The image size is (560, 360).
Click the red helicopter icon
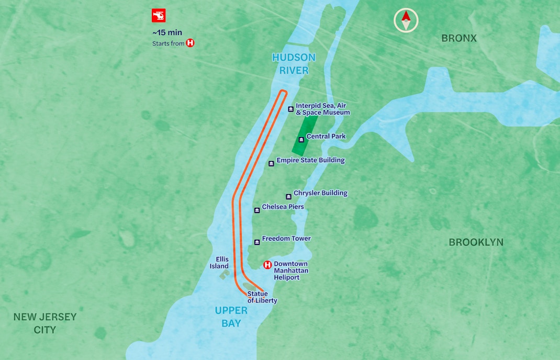[x=159, y=16]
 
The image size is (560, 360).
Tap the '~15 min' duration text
[x=167, y=32]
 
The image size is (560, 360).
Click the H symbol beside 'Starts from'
[x=190, y=43]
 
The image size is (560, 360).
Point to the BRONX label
[x=459, y=38]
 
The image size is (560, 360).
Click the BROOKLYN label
[x=476, y=242]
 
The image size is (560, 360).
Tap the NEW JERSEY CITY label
[x=45, y=323]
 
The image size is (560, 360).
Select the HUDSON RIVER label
[x=294, y=64]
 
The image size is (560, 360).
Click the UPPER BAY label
[x=231, y=317]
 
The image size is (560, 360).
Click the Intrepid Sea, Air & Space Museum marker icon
[x=290, y=109]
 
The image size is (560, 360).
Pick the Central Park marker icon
[x=301, y=139]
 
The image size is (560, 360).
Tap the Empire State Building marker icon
[x=271, y=163]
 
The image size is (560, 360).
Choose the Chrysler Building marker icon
[x=288, y=196]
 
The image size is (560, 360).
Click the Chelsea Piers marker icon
[x=256, y=210]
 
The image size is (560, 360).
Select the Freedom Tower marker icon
[x=256, y=242]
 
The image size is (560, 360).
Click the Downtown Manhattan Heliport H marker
[x=267, y=265]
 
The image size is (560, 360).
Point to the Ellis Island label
[x=219, y=263]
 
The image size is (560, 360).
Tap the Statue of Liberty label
[x=262, y=297]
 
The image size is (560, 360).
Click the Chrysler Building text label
[x=320, y=193]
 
